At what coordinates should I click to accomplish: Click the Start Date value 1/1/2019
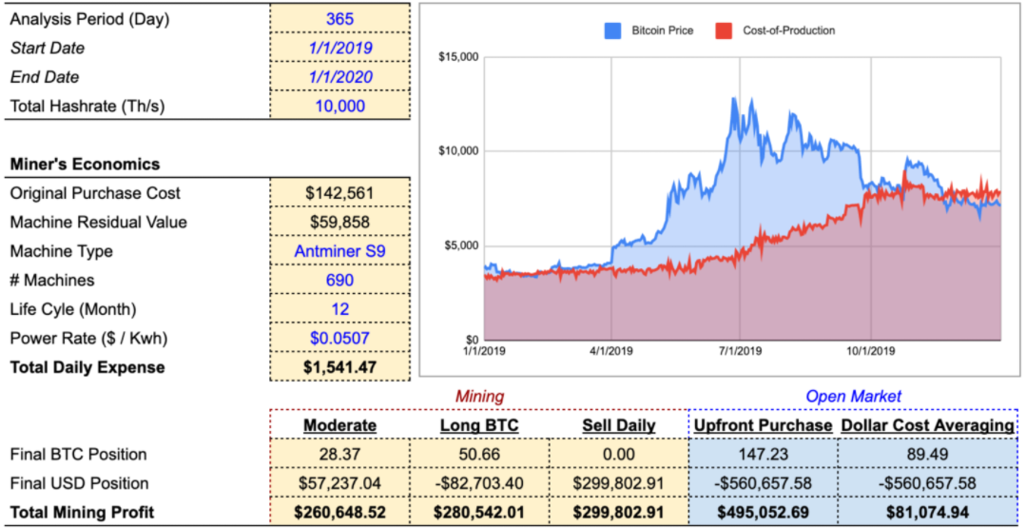340,48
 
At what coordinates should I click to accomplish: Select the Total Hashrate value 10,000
340,106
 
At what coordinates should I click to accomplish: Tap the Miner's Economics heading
85,165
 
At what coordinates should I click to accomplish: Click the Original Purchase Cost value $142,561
340,193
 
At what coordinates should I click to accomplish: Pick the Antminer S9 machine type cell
340,251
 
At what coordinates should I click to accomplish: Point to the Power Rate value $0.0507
340,339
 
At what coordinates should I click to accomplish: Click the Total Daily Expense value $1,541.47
340,367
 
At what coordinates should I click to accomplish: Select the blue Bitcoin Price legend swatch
612,30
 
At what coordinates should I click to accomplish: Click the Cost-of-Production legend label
788,30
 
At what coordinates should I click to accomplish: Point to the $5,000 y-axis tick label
463,246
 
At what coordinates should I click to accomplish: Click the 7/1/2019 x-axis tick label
740,351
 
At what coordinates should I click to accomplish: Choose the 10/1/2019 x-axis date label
870,351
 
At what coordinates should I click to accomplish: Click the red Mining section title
479,396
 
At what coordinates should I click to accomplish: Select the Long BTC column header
479,425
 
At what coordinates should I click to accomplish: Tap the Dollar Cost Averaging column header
927,425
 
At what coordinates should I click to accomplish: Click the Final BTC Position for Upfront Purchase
763,454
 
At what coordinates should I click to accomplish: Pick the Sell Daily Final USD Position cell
619,483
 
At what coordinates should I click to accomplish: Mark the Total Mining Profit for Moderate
339,512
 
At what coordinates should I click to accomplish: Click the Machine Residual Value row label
98,222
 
